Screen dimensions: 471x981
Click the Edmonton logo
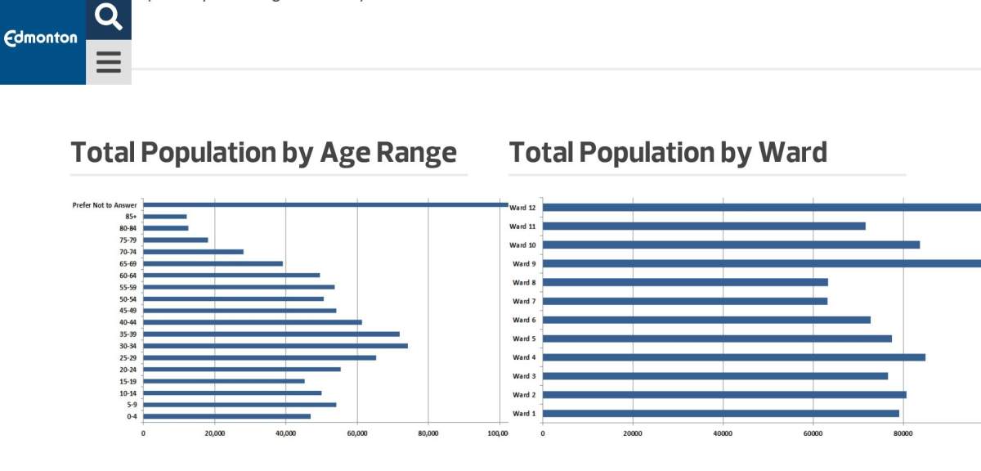42,38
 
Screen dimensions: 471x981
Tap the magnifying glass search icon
109,17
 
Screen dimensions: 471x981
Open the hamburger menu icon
109,62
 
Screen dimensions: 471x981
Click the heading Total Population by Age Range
263,153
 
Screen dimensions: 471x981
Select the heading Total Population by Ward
668,153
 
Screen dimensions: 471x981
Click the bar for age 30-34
275,346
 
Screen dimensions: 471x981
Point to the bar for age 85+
165,217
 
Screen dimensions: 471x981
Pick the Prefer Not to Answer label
105,205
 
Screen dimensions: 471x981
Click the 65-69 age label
128,264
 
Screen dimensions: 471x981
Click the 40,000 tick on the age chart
285,434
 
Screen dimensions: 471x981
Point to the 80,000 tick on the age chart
428,434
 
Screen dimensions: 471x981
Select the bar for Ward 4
733,357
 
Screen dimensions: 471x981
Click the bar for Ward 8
685,282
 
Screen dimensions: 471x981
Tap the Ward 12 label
523,208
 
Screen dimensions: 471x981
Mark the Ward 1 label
524,414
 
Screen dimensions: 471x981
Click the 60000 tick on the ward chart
813,434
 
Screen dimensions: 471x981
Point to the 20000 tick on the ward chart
633,434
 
